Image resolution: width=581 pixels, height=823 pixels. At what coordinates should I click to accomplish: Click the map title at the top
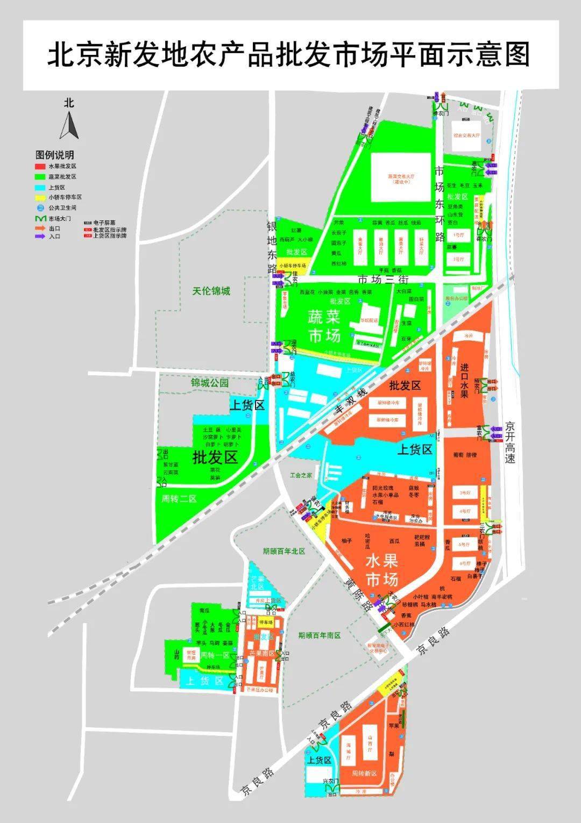pos(289,55)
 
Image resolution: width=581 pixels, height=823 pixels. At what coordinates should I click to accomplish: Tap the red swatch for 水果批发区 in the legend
pos(40,167)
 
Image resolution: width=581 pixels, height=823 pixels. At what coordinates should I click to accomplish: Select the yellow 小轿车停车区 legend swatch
pos(40,197)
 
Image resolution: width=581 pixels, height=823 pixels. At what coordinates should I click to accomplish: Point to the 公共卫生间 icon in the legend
pos(40,207)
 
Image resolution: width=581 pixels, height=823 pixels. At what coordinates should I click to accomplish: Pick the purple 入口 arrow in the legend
pos(40,236)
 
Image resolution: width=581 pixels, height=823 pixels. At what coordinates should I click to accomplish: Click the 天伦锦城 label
pos(211,291)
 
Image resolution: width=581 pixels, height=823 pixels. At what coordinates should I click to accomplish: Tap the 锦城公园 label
pos(210,383)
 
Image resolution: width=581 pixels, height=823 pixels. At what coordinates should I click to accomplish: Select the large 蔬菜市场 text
pos(324,326)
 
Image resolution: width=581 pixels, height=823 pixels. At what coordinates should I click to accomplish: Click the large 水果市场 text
pos(381,570)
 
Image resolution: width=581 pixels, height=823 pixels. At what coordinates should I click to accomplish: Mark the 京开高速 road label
pos(510,442)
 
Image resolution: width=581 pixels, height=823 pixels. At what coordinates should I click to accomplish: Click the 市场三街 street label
pos(384,279)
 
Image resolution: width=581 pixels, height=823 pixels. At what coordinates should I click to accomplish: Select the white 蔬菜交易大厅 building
pos(401,178)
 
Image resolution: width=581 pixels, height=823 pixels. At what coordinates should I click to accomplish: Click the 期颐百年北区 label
pos(284,551)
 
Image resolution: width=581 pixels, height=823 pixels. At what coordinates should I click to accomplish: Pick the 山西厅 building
pos(369,741)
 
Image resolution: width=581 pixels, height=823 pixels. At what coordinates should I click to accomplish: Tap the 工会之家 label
pos(301,475)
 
